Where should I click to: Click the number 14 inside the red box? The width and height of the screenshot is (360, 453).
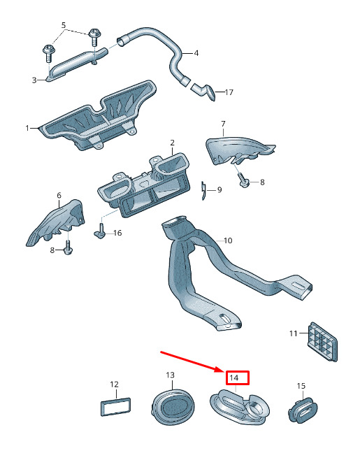[233, 377]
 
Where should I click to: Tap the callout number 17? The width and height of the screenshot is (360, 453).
[229, 92]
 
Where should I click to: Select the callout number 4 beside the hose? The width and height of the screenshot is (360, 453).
[196, 53]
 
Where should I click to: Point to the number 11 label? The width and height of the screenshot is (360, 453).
[294, 333]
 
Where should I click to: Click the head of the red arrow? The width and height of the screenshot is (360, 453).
[222, 370]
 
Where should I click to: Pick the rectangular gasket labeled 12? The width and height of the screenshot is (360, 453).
[115, 407]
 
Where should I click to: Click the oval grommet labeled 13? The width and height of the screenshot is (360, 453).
[173, 406]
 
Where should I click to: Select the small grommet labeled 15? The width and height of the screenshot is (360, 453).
[303, 410]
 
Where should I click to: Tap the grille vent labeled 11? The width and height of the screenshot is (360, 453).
[322, 341]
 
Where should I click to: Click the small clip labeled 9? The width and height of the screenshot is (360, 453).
[203, 190]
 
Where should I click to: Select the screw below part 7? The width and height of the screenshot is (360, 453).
[244, 180]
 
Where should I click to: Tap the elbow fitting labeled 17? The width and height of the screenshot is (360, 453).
[204, 91]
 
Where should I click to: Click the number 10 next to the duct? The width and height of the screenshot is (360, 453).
[228, 240]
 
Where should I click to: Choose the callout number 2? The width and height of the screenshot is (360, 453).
[173, 143]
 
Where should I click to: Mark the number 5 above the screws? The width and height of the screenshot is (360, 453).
[64, 25]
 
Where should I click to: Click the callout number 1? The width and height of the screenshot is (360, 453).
[27, 128]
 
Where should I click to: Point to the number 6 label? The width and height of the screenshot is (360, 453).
[59, 196]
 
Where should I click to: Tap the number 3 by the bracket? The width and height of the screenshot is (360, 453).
[34, 80]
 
